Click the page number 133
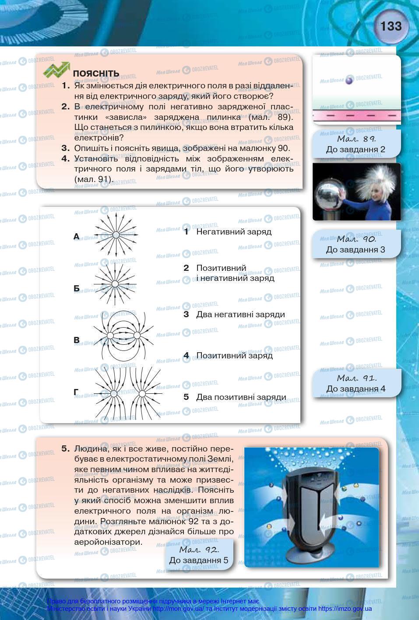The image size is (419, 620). coord(391,26)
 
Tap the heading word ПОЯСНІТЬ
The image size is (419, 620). coord(96,73)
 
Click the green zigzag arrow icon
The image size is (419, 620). coord(56,70)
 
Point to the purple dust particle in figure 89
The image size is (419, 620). coord(349,81)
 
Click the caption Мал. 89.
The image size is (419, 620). coord(355,139)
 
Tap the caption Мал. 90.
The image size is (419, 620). coord(356,239)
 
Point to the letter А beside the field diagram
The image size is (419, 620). coord(77,237)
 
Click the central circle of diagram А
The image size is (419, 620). coord(116,235)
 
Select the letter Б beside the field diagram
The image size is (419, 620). coord(77,288)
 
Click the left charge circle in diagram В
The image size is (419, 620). coord(110,335)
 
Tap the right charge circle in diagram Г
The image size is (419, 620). coord(142,394)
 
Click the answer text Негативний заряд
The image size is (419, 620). coord(234,231)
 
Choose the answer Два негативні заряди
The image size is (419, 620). coord(240,314)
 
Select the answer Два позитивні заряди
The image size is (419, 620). coord(241,397)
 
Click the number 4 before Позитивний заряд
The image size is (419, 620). coord(186,355)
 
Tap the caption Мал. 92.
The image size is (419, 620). coord(199,549)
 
